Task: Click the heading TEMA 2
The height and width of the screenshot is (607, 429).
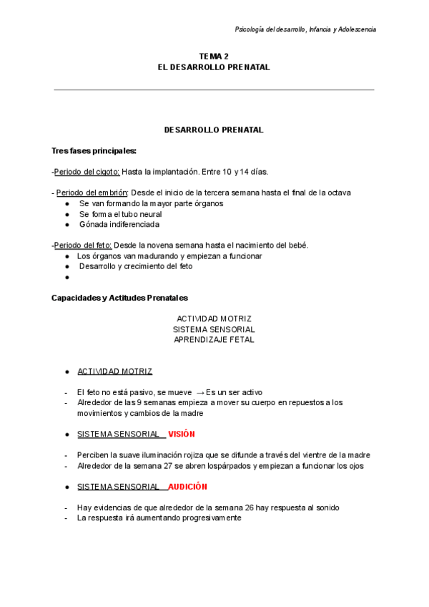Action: coord(214,56)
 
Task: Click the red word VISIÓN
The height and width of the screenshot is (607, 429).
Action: coord(182,434)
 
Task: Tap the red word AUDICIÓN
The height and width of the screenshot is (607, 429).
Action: coord(188,487)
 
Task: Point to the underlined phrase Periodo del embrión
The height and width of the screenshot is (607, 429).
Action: coord(92,193)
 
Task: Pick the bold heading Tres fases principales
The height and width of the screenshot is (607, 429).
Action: coord(94,151)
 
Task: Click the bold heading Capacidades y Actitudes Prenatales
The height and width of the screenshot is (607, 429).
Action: coord(119,298)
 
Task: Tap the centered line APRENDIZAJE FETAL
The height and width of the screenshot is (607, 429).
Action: coord(214,340)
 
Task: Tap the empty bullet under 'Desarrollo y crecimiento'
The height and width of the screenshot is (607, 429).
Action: coord(66,277)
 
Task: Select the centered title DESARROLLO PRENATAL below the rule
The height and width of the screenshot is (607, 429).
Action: coord(214,130)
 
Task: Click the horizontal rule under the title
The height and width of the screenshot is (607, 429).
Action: coord(214,90)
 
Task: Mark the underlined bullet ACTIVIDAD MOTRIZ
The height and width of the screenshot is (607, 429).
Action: coord(114,372)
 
